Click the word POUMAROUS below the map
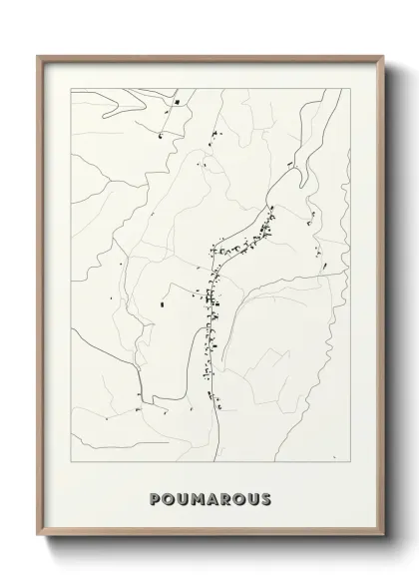point(209,499)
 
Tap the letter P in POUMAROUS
point(154,499)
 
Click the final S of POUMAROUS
point(264,499)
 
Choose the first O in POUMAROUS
point(167,499)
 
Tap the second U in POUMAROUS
point(251,499)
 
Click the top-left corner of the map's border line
point(67,90)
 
